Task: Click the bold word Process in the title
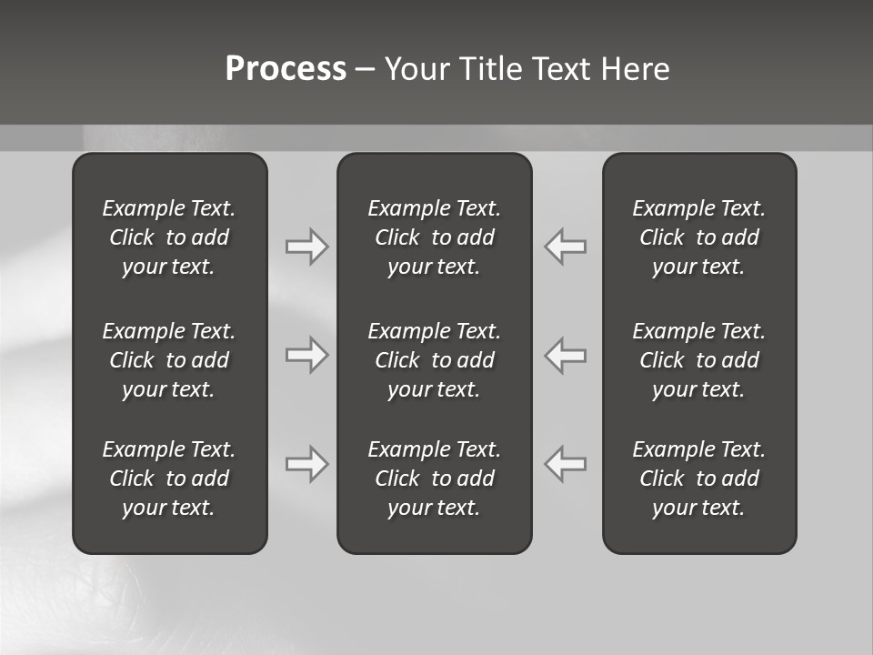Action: (286, 69)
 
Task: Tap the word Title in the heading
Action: (488, 69)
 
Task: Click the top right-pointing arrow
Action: (306, 247)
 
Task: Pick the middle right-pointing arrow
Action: (306, 355)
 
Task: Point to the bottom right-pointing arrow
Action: (306, 464)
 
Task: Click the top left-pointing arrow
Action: (566, 247)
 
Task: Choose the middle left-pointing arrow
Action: (566, 355)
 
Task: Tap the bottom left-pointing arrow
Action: (566, 464)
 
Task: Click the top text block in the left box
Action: (169, 237)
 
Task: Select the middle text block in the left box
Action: (169, 360)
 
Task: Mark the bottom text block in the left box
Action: (169, 479)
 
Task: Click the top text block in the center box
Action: (434, 237)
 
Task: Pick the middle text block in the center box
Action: (434, 360)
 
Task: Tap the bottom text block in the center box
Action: (434, 479)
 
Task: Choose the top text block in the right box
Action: (698, 237)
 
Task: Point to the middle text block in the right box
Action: (698, 360)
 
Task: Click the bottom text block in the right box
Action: (698, 479)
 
